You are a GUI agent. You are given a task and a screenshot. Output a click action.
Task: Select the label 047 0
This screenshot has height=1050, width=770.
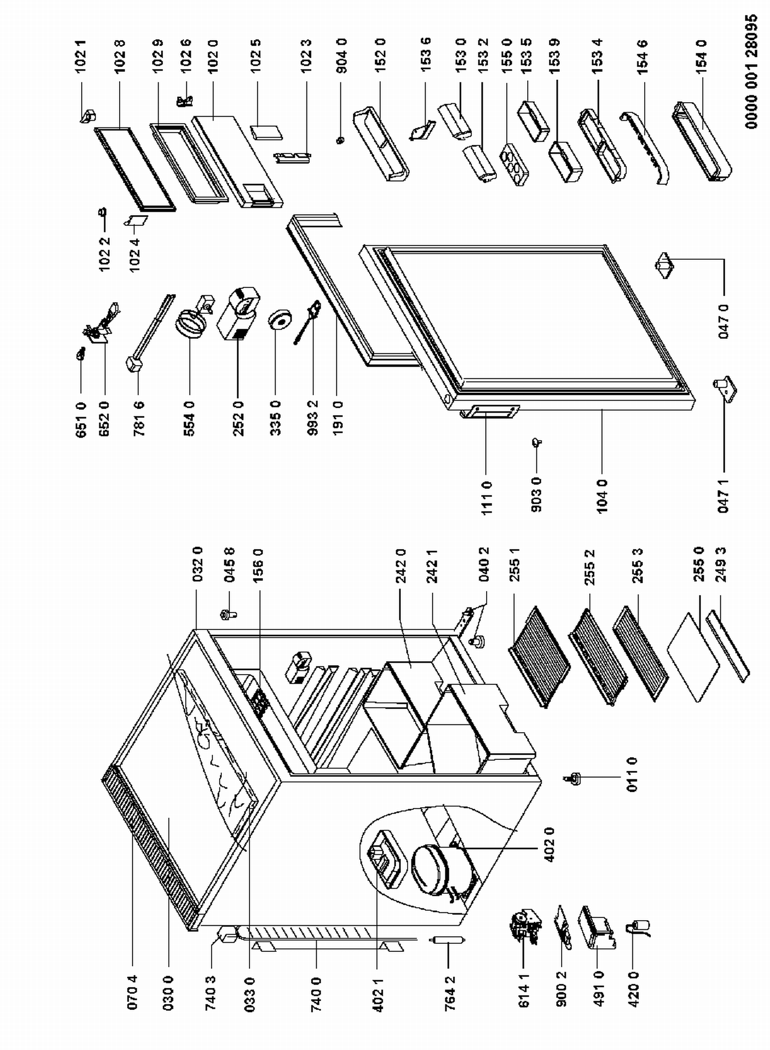(723, 321)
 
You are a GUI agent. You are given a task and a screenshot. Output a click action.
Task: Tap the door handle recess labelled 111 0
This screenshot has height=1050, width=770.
(490, 412)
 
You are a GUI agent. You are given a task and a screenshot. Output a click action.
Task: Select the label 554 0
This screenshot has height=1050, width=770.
(189, 419)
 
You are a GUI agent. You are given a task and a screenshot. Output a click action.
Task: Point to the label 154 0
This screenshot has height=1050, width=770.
(702, 57)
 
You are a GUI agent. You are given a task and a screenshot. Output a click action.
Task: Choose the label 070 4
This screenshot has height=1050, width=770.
(132, 991)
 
